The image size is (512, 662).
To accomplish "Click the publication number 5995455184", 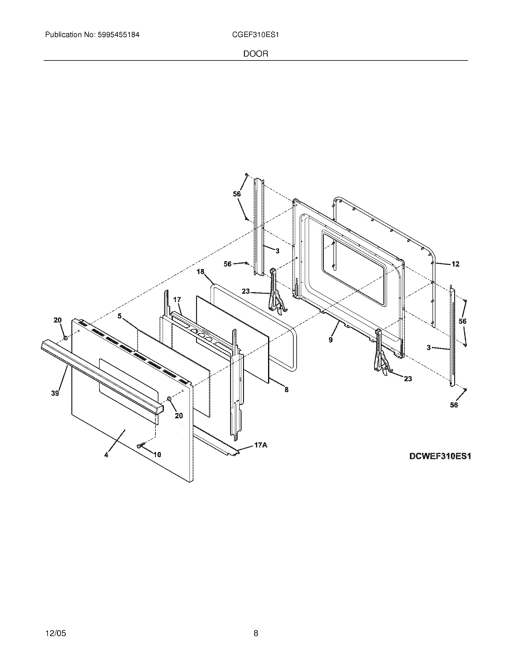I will (119, 35).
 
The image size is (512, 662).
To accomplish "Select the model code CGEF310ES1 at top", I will (255, 35).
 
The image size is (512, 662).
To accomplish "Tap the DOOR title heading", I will (256, 54).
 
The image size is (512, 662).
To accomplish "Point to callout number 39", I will (55, 393).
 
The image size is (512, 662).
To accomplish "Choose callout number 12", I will (455, 264).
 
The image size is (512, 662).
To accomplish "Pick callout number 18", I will (201, 272).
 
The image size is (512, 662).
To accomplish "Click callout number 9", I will (331, 340).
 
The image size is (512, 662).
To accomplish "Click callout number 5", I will (120, 316).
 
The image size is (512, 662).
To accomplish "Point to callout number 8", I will (286, 390).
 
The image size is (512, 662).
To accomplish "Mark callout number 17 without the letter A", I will (177, 300).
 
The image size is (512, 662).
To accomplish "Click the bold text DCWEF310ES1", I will (440, 465).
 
